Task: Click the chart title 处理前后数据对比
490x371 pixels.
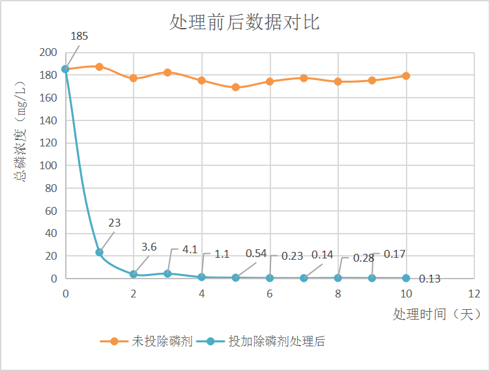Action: point(244,23)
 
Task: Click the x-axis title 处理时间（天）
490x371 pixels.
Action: point(436,314)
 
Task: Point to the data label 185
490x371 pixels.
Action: point(79,36)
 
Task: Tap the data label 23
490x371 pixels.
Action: point(114,223)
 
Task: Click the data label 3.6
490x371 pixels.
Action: point(149,247)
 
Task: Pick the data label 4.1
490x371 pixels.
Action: point(190,249)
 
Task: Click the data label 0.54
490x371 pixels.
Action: point(256,253)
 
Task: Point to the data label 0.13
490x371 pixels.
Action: point(429,279)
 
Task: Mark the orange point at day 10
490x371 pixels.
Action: point(406,76)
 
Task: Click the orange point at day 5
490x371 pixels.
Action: point(236,87)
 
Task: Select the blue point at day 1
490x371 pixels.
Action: point(99,253)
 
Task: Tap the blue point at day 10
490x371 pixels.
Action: point(406,278)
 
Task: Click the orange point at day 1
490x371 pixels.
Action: point(99,66)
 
